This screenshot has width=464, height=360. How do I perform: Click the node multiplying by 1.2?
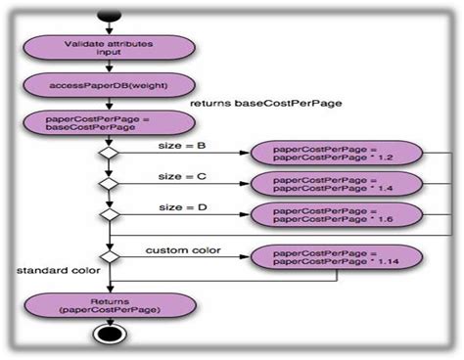(336, 154)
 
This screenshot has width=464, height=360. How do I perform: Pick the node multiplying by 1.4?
(336, 183)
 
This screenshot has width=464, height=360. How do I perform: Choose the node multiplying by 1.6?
(336, 213)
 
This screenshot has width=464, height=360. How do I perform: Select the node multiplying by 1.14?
(336, 257)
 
